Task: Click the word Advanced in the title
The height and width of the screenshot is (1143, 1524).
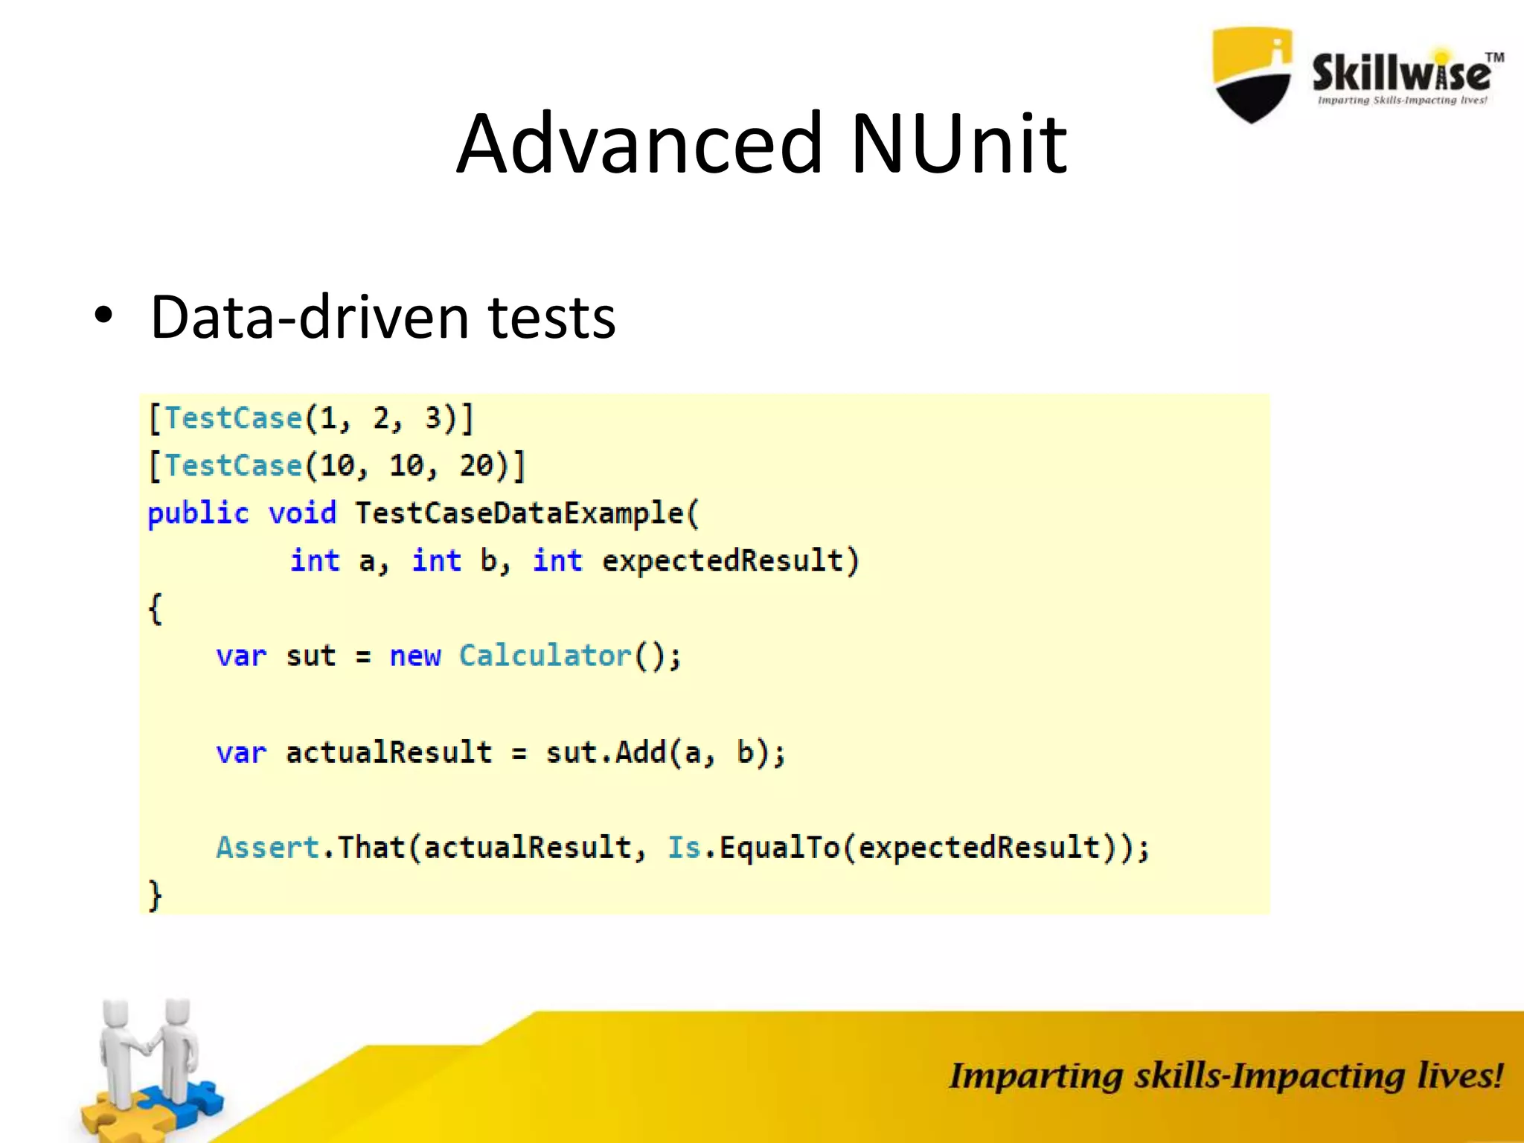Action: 640,143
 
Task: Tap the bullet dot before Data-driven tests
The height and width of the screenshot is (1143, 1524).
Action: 103,316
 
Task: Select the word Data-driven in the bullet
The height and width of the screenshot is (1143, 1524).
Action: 309,317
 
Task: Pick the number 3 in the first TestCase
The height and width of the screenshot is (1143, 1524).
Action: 433,418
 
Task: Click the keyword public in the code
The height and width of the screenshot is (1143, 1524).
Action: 198,513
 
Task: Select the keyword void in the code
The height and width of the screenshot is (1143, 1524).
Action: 302,513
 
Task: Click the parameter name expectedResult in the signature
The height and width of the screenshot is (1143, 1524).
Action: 722,561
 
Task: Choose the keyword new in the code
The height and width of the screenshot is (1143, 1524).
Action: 415,656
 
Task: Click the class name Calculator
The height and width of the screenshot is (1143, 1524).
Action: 545,656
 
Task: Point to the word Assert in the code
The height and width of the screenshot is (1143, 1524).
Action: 268,848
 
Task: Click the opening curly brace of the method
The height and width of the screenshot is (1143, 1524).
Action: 155,609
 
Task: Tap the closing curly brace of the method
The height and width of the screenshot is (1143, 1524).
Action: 155,894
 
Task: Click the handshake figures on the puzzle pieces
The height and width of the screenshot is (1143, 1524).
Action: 149,1064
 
